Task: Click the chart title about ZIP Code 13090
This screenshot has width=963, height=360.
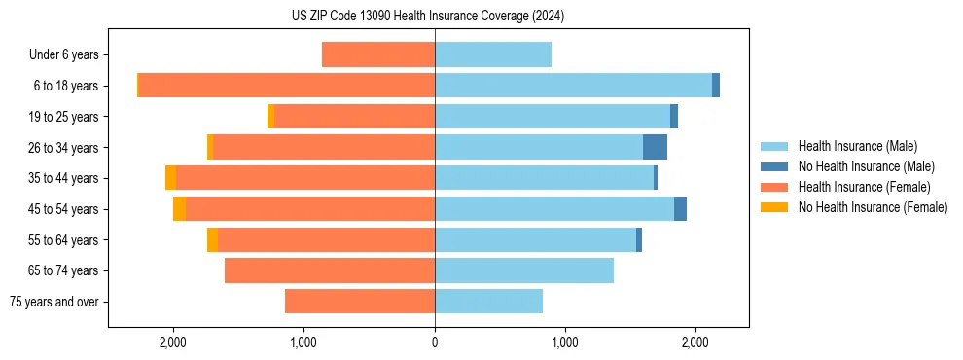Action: (x=428, y=17)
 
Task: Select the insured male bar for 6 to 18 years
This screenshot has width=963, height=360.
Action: (x=573, y=86)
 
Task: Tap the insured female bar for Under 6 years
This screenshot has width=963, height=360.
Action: (x=378, y=54)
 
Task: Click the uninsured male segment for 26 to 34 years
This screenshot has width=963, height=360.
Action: (x=655, y=147)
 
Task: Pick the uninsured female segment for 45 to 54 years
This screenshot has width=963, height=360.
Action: (x=179, y=209)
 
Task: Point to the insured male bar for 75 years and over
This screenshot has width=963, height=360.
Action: (x=488, y=302)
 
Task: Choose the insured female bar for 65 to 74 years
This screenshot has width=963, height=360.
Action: (x=330, y=270)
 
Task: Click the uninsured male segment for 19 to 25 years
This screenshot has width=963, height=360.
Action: (x=674, y=117)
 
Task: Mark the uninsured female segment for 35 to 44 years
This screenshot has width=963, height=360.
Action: (x=170, y=178)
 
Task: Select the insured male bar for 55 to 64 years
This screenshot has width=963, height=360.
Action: (x=535, y=239)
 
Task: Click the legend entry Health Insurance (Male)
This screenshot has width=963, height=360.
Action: (x=857, y=147)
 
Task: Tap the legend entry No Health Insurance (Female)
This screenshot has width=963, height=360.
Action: (x=873, y=207)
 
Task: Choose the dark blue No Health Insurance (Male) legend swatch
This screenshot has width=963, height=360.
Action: (x=774, y=167)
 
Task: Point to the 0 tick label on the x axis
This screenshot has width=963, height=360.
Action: (x=435, y=342)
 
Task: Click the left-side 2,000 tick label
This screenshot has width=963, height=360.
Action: (x=173, y=342)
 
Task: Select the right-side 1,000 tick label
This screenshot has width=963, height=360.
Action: (x=565, y=342)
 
